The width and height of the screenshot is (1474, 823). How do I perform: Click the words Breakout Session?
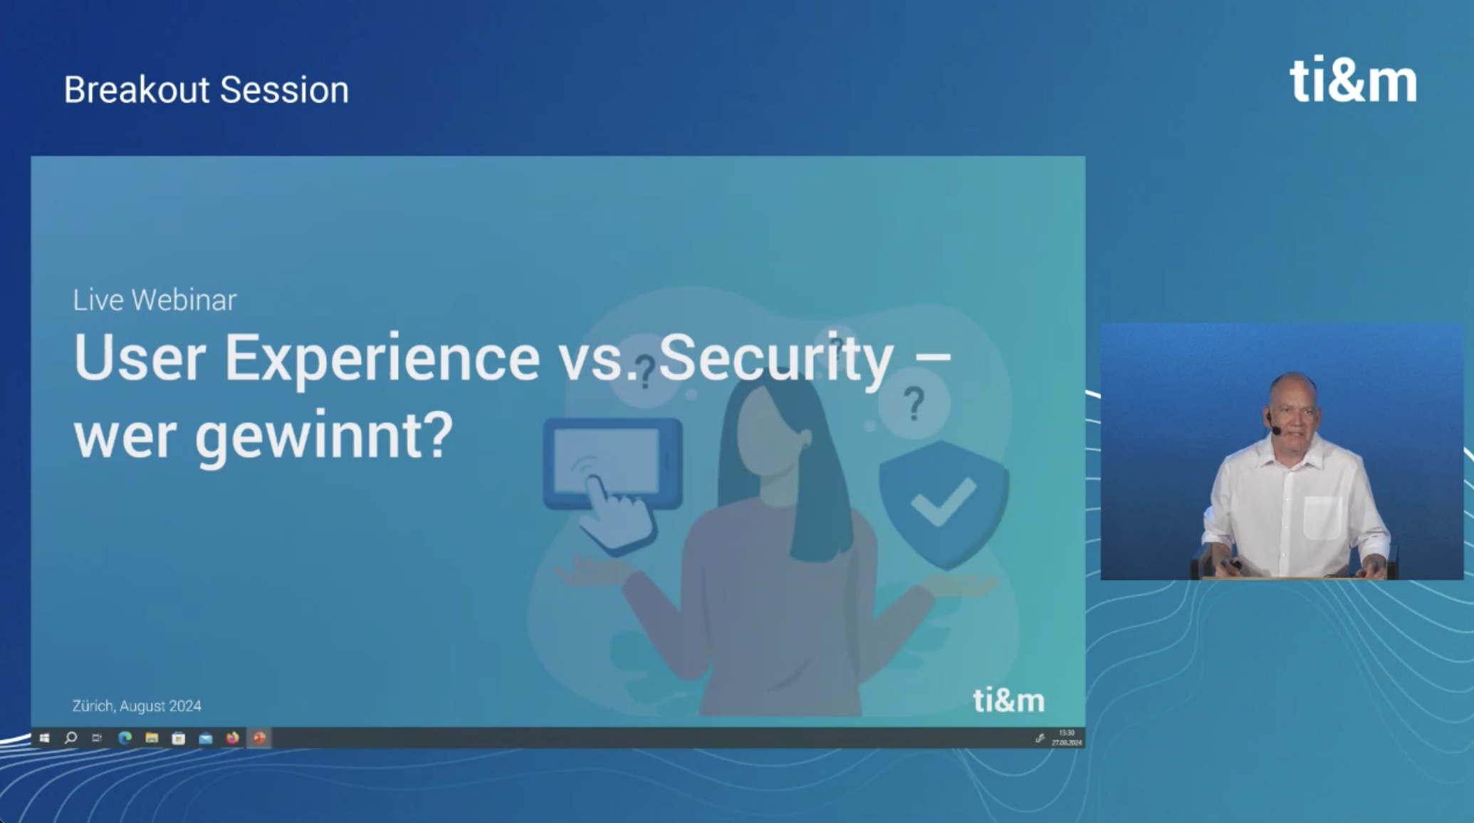tap(207, 90)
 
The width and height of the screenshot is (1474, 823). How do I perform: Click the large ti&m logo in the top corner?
tap(1353, 82)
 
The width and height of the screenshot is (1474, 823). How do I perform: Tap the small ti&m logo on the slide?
tap(1008, 701)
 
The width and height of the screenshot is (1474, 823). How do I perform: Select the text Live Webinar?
tap(155, 300)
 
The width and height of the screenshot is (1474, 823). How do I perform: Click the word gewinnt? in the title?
tap(324, 436)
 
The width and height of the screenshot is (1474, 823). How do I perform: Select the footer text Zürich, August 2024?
tap(137, 706)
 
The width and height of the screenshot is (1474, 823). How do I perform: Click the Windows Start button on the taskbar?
tap(44, 738)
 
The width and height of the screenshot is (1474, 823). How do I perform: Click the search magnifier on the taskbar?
tap(70, 738)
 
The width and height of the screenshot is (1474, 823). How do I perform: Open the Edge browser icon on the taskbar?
tap(125, 738)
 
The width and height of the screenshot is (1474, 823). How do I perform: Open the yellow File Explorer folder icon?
tap(152, 738)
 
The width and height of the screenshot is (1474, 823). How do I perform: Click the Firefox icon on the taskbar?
tap(232, 738)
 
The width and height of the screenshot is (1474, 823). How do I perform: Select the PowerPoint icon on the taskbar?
tap(259, 738)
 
